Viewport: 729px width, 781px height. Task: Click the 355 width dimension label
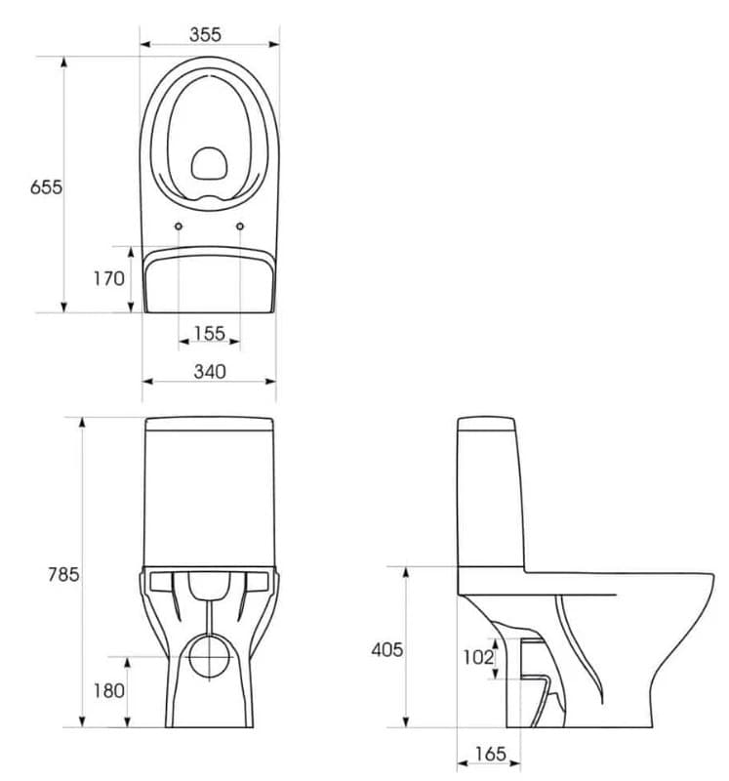(x=206, y=34)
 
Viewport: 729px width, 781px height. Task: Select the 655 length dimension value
(x=46, y=186)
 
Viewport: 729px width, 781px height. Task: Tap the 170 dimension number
(x=108, y=278)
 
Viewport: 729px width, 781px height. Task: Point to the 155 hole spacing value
(x=209, y=333)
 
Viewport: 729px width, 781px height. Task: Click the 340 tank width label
(x=209, y=371)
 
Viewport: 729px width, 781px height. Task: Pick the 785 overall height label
(x=63, y=574)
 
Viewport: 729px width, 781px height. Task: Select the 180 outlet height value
(x=108, y=690)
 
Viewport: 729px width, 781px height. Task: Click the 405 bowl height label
(x=386, y=649)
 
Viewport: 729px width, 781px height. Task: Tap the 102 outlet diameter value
(x=477, y=657)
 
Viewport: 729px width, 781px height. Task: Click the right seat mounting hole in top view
(x=240, y=227)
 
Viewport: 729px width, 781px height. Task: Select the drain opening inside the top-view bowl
(x=208, y=163)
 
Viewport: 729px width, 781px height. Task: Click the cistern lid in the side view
(x=486, y=426)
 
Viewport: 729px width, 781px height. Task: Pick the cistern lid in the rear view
(x=209, y=425)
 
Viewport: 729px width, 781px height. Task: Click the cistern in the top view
(x=209, y=283)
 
